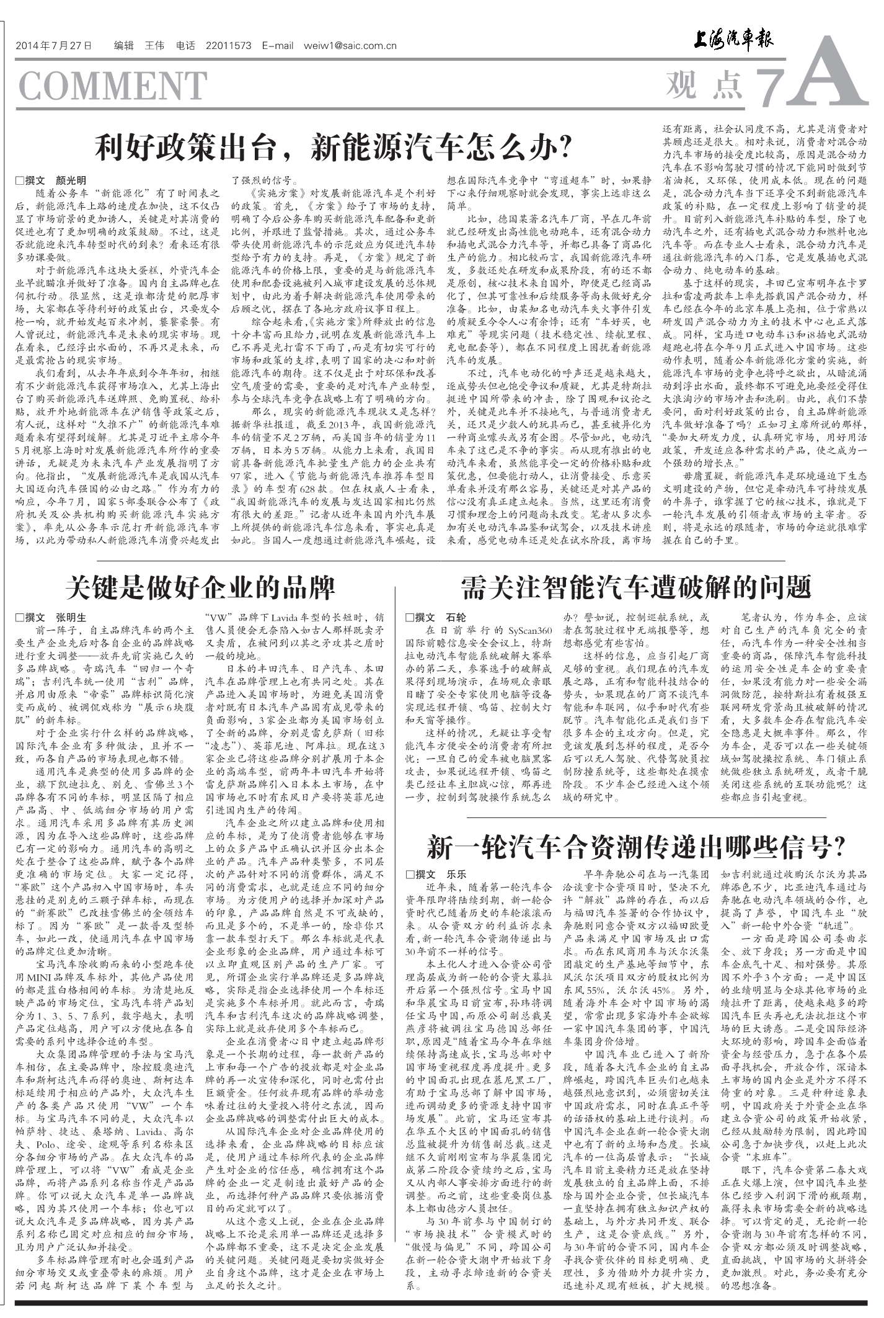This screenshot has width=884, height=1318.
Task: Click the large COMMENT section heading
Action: [x=112, y=86]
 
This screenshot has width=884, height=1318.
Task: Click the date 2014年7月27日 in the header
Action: [x=54, y=46]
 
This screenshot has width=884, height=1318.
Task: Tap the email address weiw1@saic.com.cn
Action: [x=350, y=46]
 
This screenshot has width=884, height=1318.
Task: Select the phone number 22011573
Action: [x=228, y=46]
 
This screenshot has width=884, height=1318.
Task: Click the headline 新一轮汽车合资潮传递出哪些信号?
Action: [x=636, y=847]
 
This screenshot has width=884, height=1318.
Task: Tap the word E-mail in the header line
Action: [x=277, y=46]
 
